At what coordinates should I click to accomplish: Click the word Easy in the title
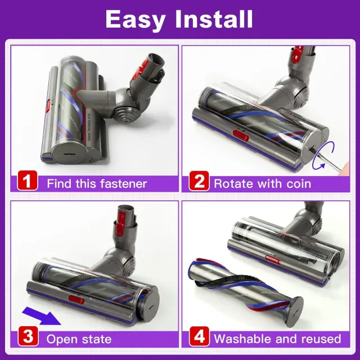pyautogui.click(x=136, y=20)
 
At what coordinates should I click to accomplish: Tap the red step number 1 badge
pyautogui.click(x=28, y=181)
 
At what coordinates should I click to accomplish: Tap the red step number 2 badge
pyautogui.click(x=199, y=181)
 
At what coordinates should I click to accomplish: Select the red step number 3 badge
pyautogui.click(x=28, y=336)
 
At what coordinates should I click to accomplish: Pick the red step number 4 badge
pyautogui.click(x=199, y=336)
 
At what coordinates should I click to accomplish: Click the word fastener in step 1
pyautogui.click(x=123, y=184)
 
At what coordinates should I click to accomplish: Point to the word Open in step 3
pyautogui.click(x=61, y=339)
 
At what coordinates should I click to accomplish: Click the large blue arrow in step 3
pyautogui.click(x=42, y=316)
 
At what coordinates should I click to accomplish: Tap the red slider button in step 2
pyautogui.click(x=241, y=136)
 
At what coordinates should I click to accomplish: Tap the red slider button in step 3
pyautogui.click(x=76, y=300)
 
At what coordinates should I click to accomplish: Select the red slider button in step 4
pyautogui.click(x=272, y=259)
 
